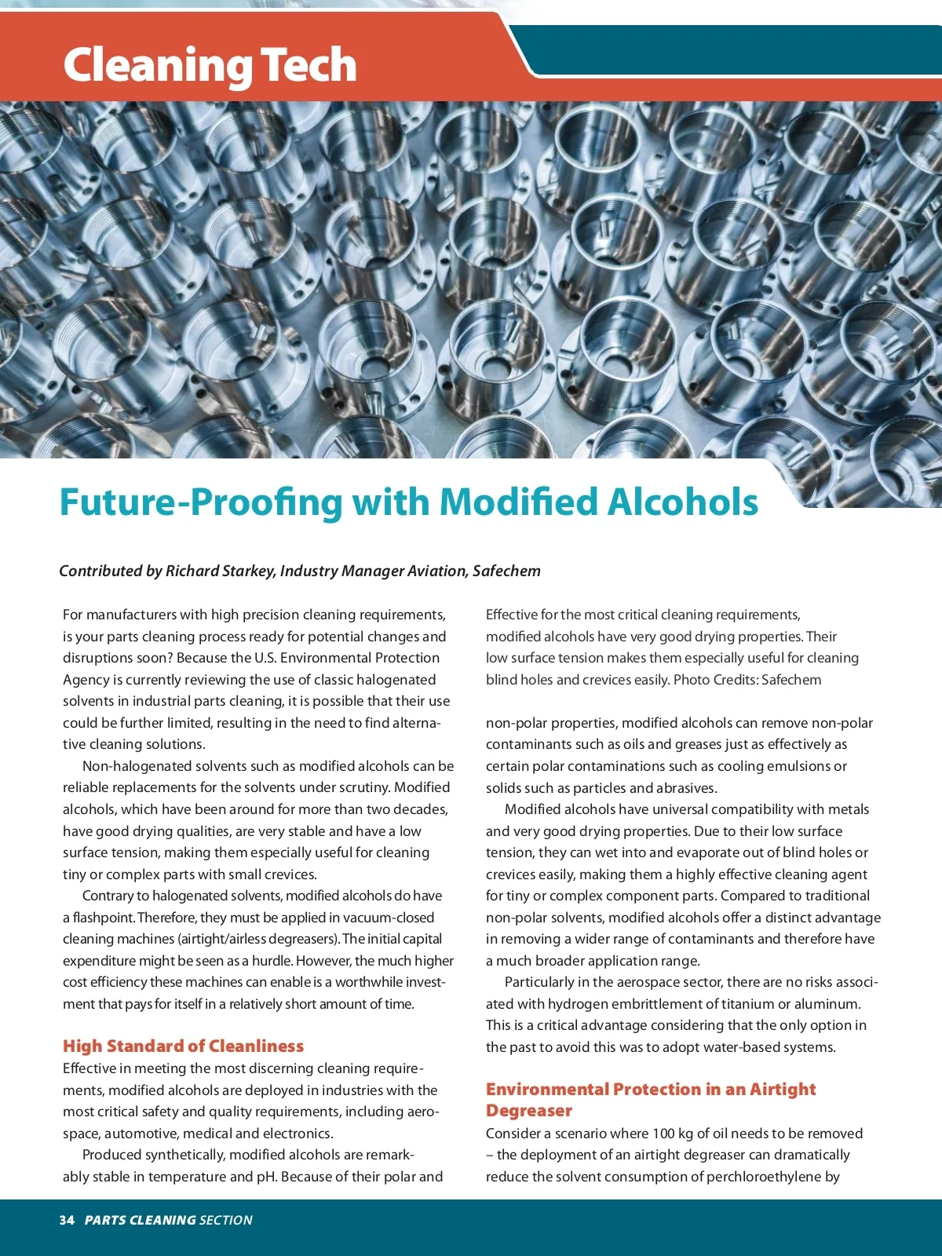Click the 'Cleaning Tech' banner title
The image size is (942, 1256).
tap(210, 65)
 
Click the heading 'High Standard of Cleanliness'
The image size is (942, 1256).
tap(183, 1046)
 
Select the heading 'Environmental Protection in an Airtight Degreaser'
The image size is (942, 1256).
tap(650, 1099)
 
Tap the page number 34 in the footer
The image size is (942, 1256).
tap(67, 1220)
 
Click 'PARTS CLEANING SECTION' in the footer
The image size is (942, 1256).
tap(168, 1220)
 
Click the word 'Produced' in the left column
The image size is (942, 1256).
tap(110, 1155)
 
